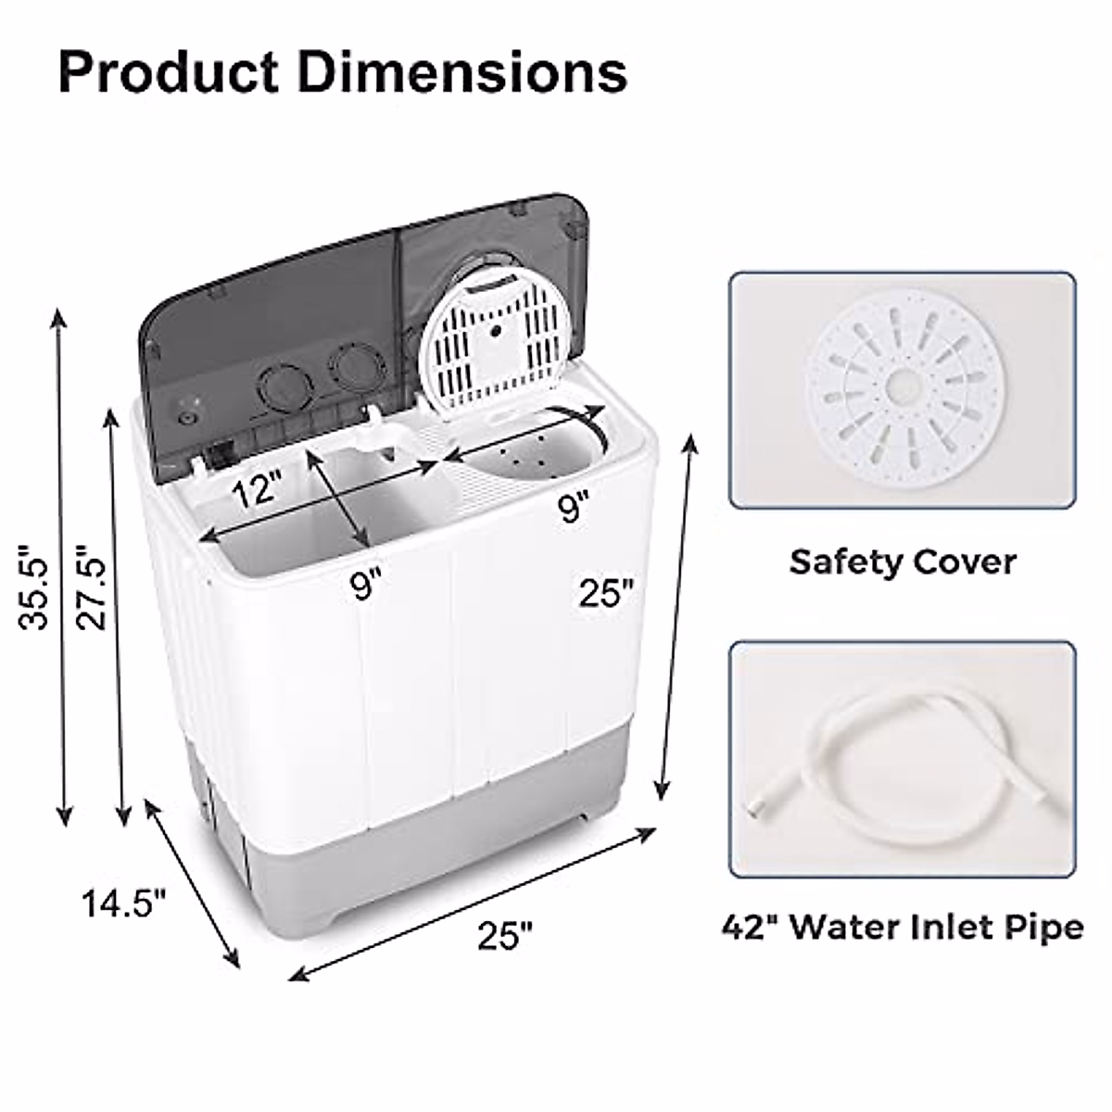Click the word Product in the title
(169, 74)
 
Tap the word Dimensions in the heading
(462, 72)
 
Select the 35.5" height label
(33, 587)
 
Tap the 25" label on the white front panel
(606, 592)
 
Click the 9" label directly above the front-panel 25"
(573, 507)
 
